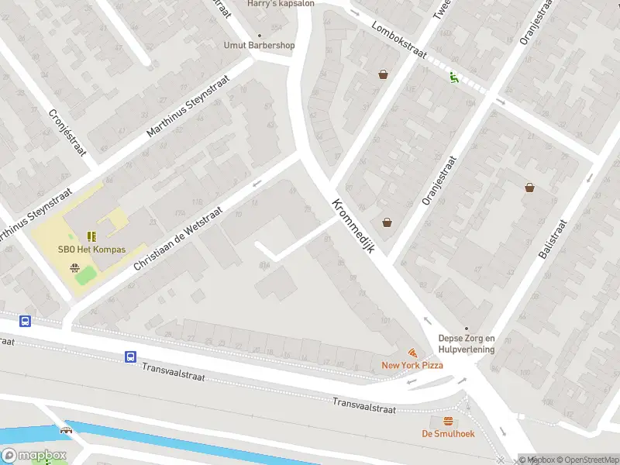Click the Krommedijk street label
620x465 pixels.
[x=353, y=226]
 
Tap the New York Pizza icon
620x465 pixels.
[x=412, y=353]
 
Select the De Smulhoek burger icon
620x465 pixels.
[x=448, y=421]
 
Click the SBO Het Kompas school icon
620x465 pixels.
[x=91, y=236]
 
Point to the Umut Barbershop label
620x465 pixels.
[x=259, y=45]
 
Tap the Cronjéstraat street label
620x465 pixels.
[x=67, y=133]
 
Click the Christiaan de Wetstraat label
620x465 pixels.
[x=178, y=238]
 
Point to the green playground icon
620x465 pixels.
[x=453, y=76]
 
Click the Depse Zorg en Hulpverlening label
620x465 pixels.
[x=466, y=343]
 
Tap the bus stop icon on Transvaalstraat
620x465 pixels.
[x=131, y=357]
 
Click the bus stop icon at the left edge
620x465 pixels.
[x=25, y=321]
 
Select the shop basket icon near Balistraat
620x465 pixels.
[x=530, y=187]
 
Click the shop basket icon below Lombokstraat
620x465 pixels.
[x=383, y=74]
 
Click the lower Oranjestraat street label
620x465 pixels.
[x=439, y=180]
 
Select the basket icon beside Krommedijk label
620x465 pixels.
[x=387, y=222]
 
